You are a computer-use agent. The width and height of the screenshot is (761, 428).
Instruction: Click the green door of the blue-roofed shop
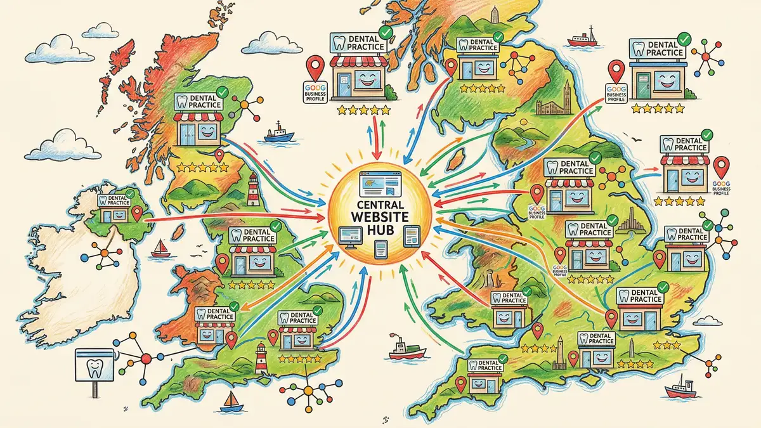(x=643, y=86)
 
